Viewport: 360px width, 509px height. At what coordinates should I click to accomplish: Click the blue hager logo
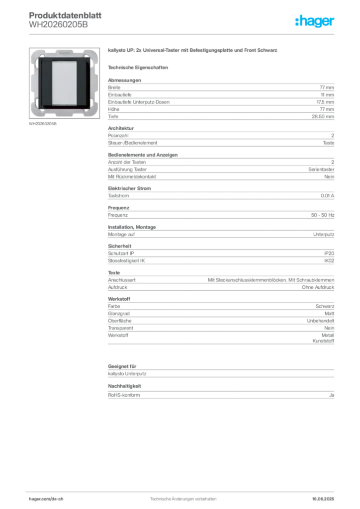pos(315,21)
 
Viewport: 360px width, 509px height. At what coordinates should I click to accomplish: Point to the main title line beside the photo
pos(192,52)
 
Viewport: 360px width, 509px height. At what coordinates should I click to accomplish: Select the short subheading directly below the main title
pos(139,66)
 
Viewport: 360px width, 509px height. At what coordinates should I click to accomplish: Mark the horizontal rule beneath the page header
pos(199,34)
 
